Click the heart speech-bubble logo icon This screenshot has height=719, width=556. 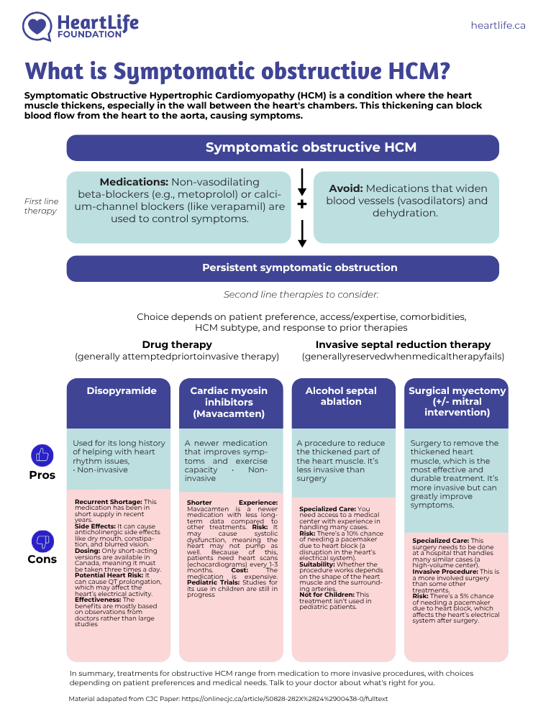pyautogui.click(x=37, y=26)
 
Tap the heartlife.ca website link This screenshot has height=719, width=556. pyautogui.click(x=498, y=25)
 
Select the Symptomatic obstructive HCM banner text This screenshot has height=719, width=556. pyautogui.click(x=311, y=147)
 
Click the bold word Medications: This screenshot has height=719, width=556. pyautogui.click(x=134, y=182)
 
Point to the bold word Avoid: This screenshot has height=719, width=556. pyautogui.click(x=345, y=188)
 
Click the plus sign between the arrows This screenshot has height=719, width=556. pyautogui.click(x=302, y=204)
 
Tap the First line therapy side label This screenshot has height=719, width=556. pyautogui.click(x=41, y=206)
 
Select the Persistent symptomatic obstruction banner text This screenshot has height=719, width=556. pyautogui.click(x=299, y=267)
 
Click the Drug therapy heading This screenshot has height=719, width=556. pyautogui.click(x=177, y=344)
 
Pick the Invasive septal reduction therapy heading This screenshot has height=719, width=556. pyautogui.click(x=403, y=344)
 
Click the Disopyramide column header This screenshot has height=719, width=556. pyautogui.click(x=122, y=390)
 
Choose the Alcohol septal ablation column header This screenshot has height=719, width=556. pyautogui.click(x=341, y=395)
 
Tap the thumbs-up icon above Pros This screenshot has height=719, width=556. pyautogui.click(x=42, y=455)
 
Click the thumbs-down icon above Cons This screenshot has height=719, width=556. pyautogui.click(x=42, y=541)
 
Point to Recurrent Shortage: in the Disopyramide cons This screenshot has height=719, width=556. pyautogui.click(x=109, y=502)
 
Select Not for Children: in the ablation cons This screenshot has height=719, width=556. pyautogui.click(x=327, y=595)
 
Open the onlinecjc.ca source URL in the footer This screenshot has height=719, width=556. pyautogui.click(x=284, y=699)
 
